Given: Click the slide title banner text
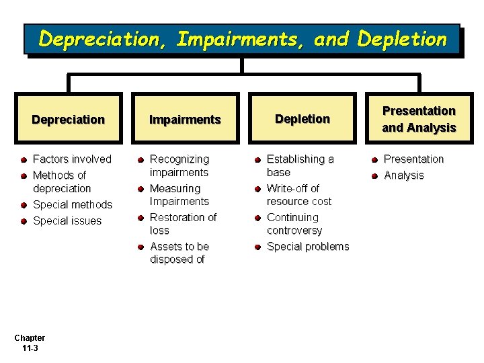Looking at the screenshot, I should tap(242, 39).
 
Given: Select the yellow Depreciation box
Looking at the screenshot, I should tap(68, 120).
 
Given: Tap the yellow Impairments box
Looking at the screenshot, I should tap(185, 120).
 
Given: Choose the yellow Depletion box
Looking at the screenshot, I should tap(302, 119).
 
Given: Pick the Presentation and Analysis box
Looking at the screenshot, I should tap(419, 119).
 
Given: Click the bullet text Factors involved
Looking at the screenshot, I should tap(72, 159).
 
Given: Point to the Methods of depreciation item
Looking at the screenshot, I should tap(61, 182).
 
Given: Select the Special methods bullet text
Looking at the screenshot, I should tap(73, 204).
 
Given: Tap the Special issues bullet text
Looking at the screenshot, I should tap(67, 220).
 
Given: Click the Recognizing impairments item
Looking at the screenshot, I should tap(179, 165).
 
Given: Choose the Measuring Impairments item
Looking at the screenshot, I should tap(179, 195).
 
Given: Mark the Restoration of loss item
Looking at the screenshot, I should tap(183, 223).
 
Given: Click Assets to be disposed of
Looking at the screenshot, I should tap(179, 253).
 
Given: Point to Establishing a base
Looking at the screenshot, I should tap(300, 165).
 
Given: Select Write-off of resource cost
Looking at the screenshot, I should tap(298, 194).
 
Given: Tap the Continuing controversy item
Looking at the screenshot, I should tap(294, 224).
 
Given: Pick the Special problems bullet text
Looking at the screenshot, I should tap(308, 247).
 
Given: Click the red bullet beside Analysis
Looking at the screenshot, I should tap(374, 176).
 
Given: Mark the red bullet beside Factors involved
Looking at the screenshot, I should tap(24, 160).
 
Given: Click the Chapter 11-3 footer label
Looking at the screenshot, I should tap(30, 343).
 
